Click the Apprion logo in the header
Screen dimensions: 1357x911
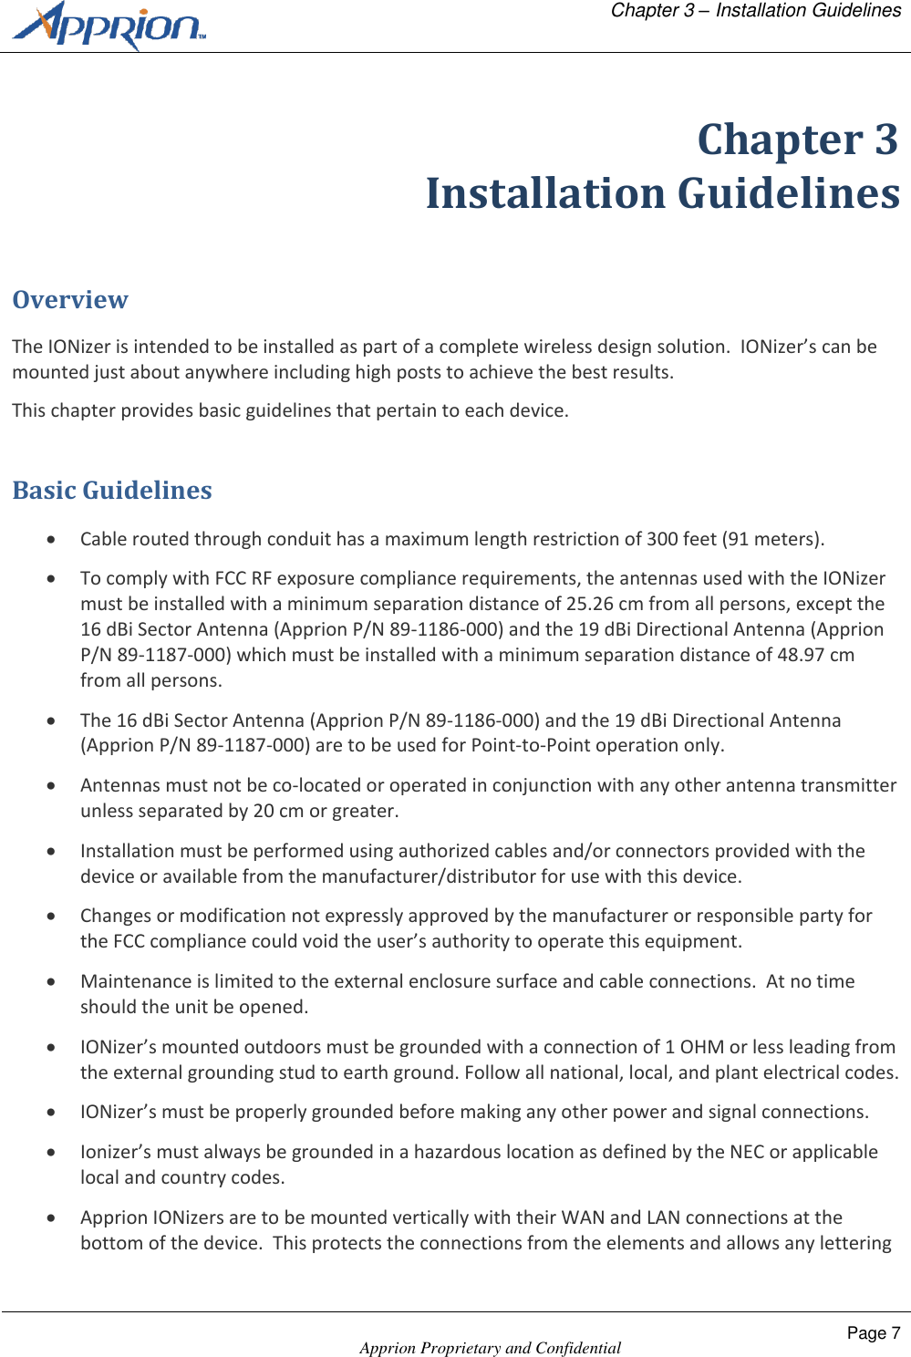tap(109, 26)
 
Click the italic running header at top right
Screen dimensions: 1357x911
tap(755, 11)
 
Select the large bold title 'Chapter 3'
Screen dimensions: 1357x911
tap(797, 140)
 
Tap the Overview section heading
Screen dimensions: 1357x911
tap(70, 300)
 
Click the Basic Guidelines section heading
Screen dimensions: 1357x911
tap(112, 491)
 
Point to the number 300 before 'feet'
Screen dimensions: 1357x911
tap(662, 539)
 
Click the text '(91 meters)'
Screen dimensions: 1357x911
tap(772, 539)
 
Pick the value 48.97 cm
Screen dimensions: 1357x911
tap(815, 655)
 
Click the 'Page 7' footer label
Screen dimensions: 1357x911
tap(873, 1333)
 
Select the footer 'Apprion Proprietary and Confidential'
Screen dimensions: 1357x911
tap(490, 1348)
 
